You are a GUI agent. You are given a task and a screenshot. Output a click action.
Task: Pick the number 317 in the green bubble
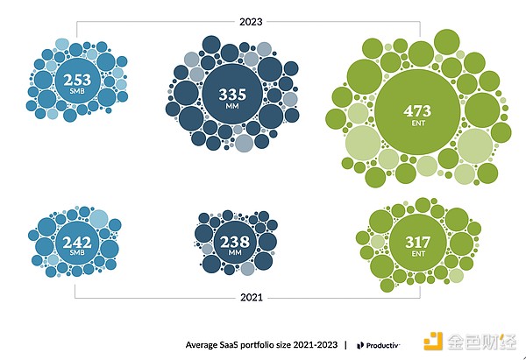click(416, 242)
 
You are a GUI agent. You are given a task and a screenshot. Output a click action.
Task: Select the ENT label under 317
click(416, 255)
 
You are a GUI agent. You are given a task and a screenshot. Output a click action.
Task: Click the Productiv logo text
click(383, 343)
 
